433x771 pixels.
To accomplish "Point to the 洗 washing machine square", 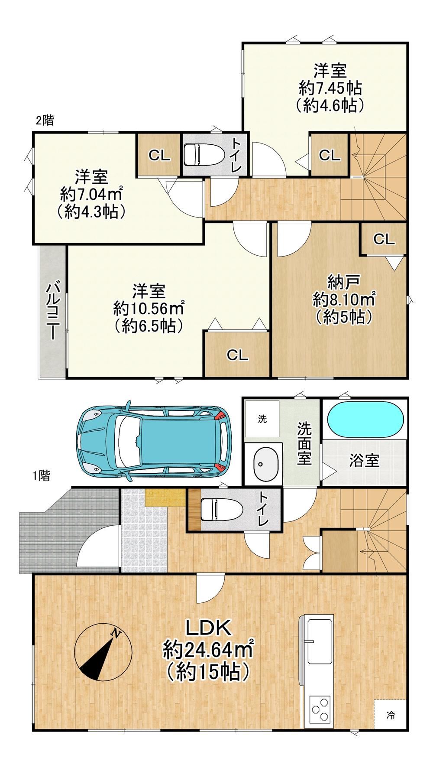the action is pos(262,419).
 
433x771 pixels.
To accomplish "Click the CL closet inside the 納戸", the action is pos(384,239).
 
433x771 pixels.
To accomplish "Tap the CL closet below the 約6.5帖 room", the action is pos(238,355).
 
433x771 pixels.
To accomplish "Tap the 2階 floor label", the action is pos(45,120).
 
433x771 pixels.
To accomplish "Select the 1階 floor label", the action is pos(41,475).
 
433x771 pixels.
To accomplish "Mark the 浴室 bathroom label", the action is pos(364,460).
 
